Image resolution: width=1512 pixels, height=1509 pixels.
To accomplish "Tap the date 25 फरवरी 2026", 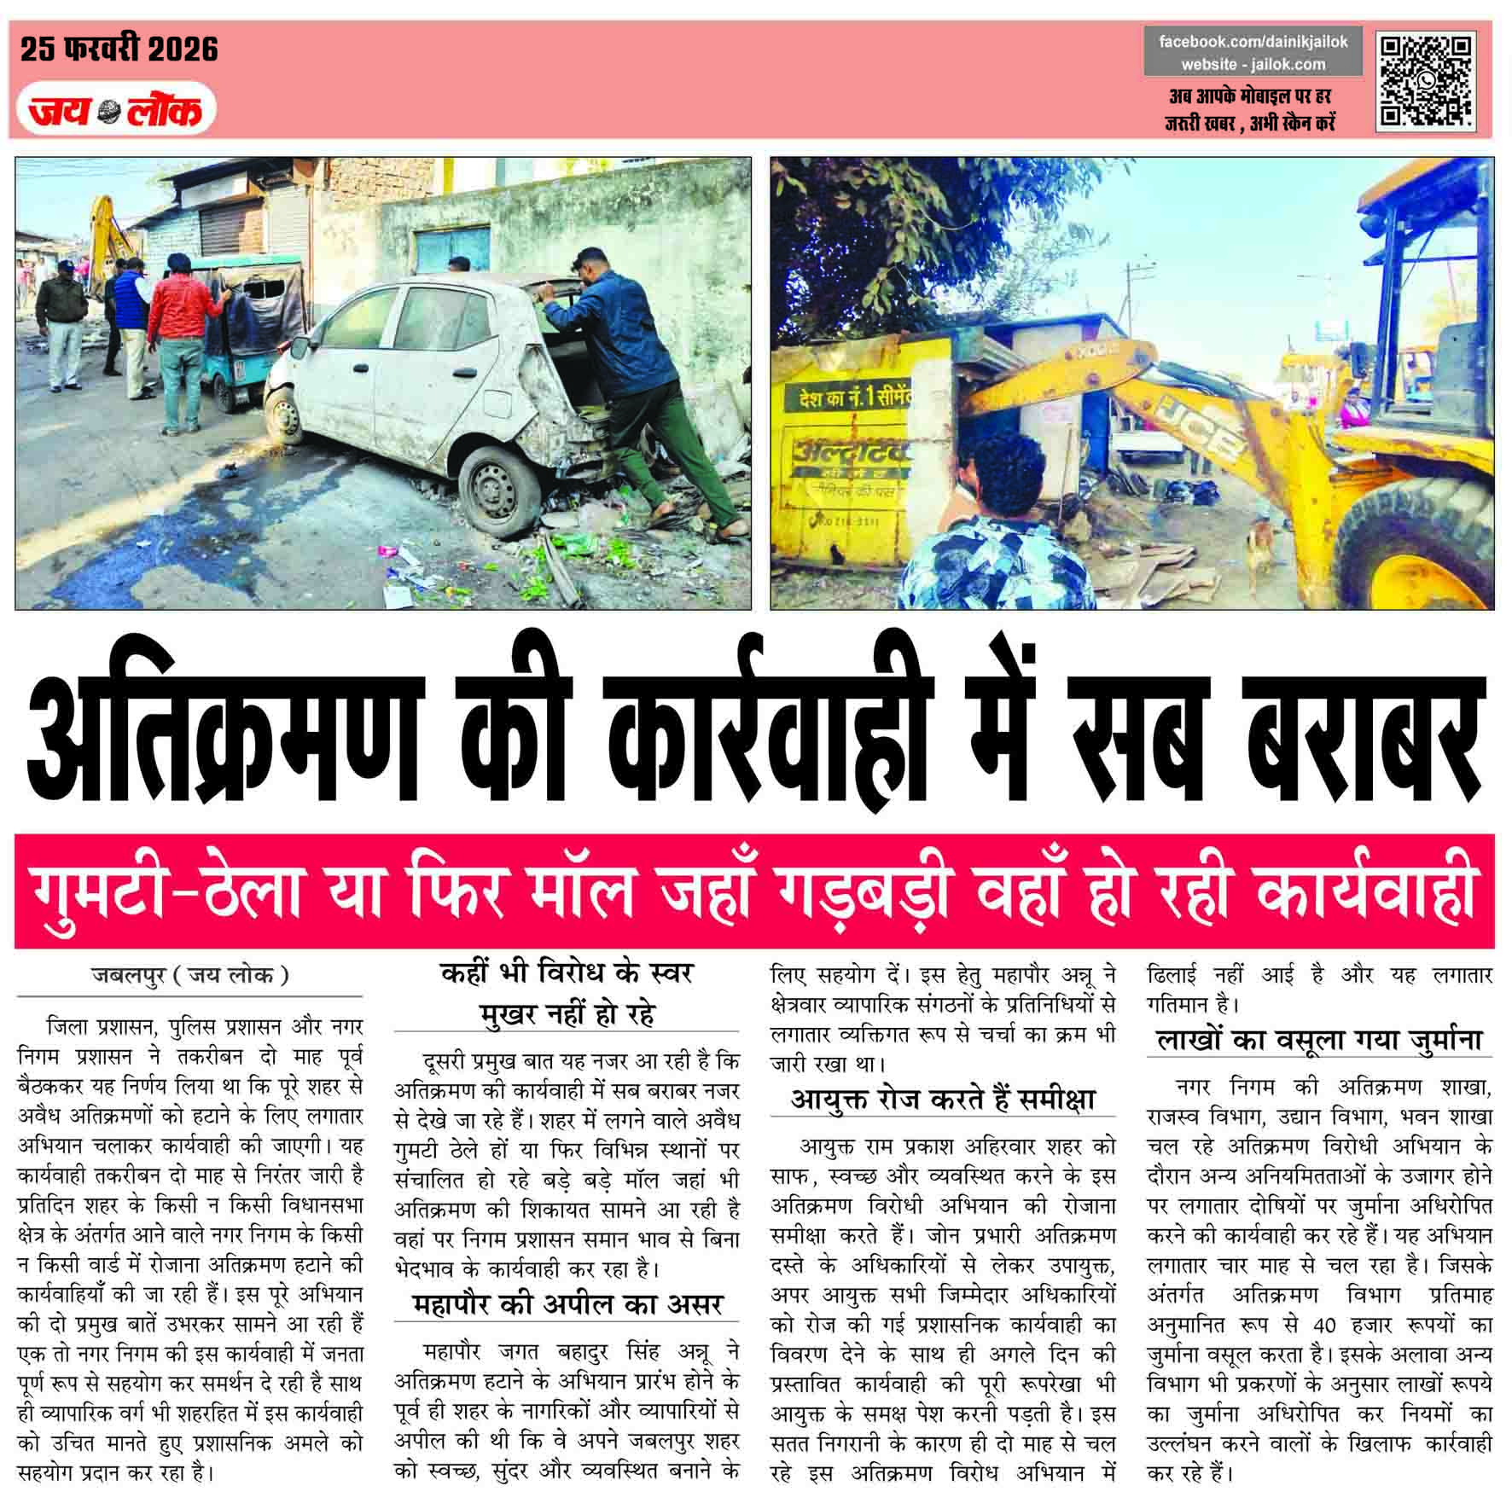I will pos(119,49).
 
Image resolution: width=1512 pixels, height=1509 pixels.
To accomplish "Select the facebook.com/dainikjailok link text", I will pos(1253,42).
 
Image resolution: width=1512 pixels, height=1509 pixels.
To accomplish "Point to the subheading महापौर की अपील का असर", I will pos(567,1303).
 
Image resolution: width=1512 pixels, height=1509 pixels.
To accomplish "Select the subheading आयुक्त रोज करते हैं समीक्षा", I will pos(942,1100).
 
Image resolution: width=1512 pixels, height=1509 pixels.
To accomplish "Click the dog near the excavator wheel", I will pos(1260,546).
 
